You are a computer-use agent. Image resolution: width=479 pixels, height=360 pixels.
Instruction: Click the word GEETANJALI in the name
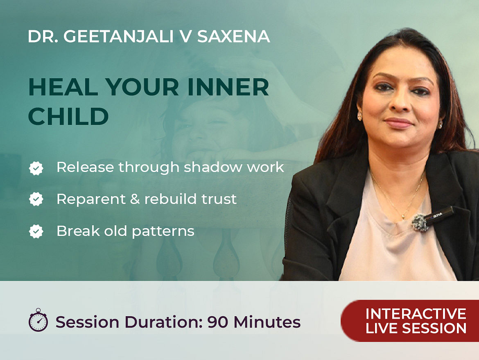pyautogui.click(x=119, y=36)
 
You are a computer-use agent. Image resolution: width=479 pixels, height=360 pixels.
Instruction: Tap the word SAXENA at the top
pyautogui.click(x=234, y=36)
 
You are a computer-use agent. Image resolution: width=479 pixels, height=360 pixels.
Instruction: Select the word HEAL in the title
pyautogui.click(x=63, y=87)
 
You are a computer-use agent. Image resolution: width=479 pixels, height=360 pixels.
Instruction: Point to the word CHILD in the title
pyautogui.click(x=68, y=116)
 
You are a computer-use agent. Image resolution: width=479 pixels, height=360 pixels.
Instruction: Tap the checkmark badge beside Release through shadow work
pyautogui.click(x=36, y=168)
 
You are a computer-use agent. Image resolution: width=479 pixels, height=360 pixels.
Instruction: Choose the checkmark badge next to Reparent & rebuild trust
pyautogui.click(x=36, y=199)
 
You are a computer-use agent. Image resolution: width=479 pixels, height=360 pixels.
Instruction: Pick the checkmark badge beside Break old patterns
pyautogui.click(x=36, y=231)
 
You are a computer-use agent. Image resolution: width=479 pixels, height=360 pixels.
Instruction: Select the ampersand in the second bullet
pyautogui.click(x=135, y=199)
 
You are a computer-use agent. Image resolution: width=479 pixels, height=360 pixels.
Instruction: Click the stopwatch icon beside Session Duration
pyautogui.click(x=38, y=320)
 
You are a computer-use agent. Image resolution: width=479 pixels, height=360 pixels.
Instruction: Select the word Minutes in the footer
pyautogui.click(x=267, y=322)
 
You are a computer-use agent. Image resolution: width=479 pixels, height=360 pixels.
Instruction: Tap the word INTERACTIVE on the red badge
pyautogui.click(x=416, y=314)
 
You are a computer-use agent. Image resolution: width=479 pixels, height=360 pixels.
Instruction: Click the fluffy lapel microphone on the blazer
pyautogui.click(x=420, y=222)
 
